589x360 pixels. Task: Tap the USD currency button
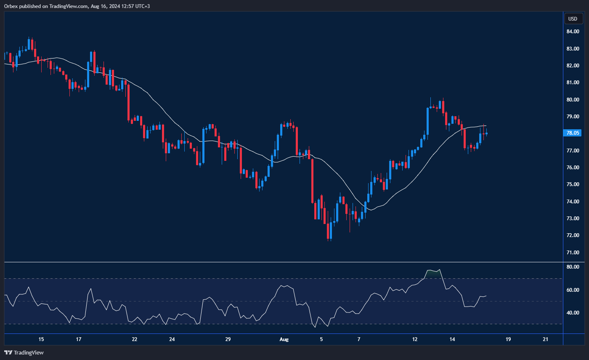click(x=573, y=19)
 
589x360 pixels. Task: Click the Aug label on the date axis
click(x=284, y=339)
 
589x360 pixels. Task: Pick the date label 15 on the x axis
click(x=41, y=339)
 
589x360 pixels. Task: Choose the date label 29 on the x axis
click(x=228, y=339)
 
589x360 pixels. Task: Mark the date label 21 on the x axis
click(x=545, y=339)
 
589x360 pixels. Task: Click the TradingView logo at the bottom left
click(x=24, y=352)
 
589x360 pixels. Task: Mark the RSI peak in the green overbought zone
click(x=439, y=269)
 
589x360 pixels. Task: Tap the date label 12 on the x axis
click(x=414, y=339)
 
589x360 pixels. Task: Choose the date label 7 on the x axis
click(x=359, y=339)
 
